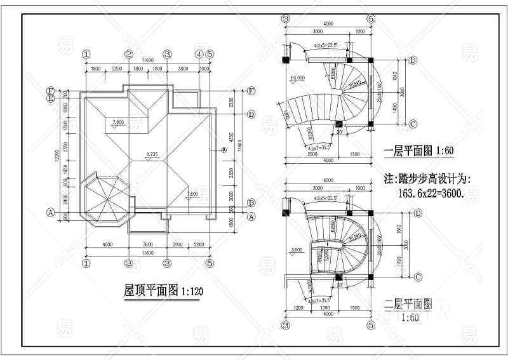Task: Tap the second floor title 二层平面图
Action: (409, 304)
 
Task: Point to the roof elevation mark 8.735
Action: (152, 154)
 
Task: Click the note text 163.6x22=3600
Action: (432, 193)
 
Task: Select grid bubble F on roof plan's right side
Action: (251, 91)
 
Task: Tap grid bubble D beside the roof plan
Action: (251, 114)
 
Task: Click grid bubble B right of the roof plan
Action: (251, 203)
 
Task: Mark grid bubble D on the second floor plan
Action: (418, 213)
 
